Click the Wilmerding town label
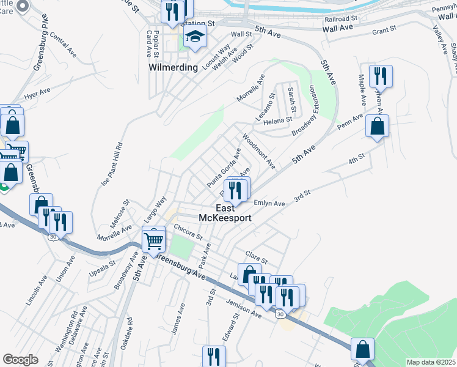(174, 67)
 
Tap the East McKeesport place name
(225, 212)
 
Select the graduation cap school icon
(196, 37)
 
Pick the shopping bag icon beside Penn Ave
(377, 127)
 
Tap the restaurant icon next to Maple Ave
(380, 76)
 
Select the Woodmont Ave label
(259, 152)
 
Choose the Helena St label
(277, 121)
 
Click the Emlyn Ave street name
(268, 204)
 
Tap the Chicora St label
(188, 232)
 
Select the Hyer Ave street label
(38, 94)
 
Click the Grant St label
(384, 29)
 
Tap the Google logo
(20, 360)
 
